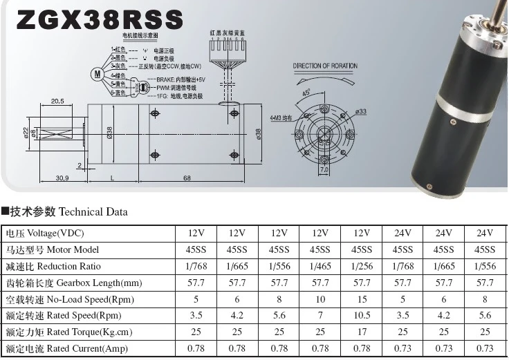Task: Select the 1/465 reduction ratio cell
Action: coord(320,266)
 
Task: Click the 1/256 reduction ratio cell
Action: coord(361,266)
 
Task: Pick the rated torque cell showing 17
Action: coord(361,332)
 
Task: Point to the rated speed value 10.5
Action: coord(361,316)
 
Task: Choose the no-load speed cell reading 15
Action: coord(361,299)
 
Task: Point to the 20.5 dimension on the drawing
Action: coord(57,101)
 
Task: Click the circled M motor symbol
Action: coord(98,73)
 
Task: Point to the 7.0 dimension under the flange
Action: coord(324,169)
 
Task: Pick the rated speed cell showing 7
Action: coord(320,316)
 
